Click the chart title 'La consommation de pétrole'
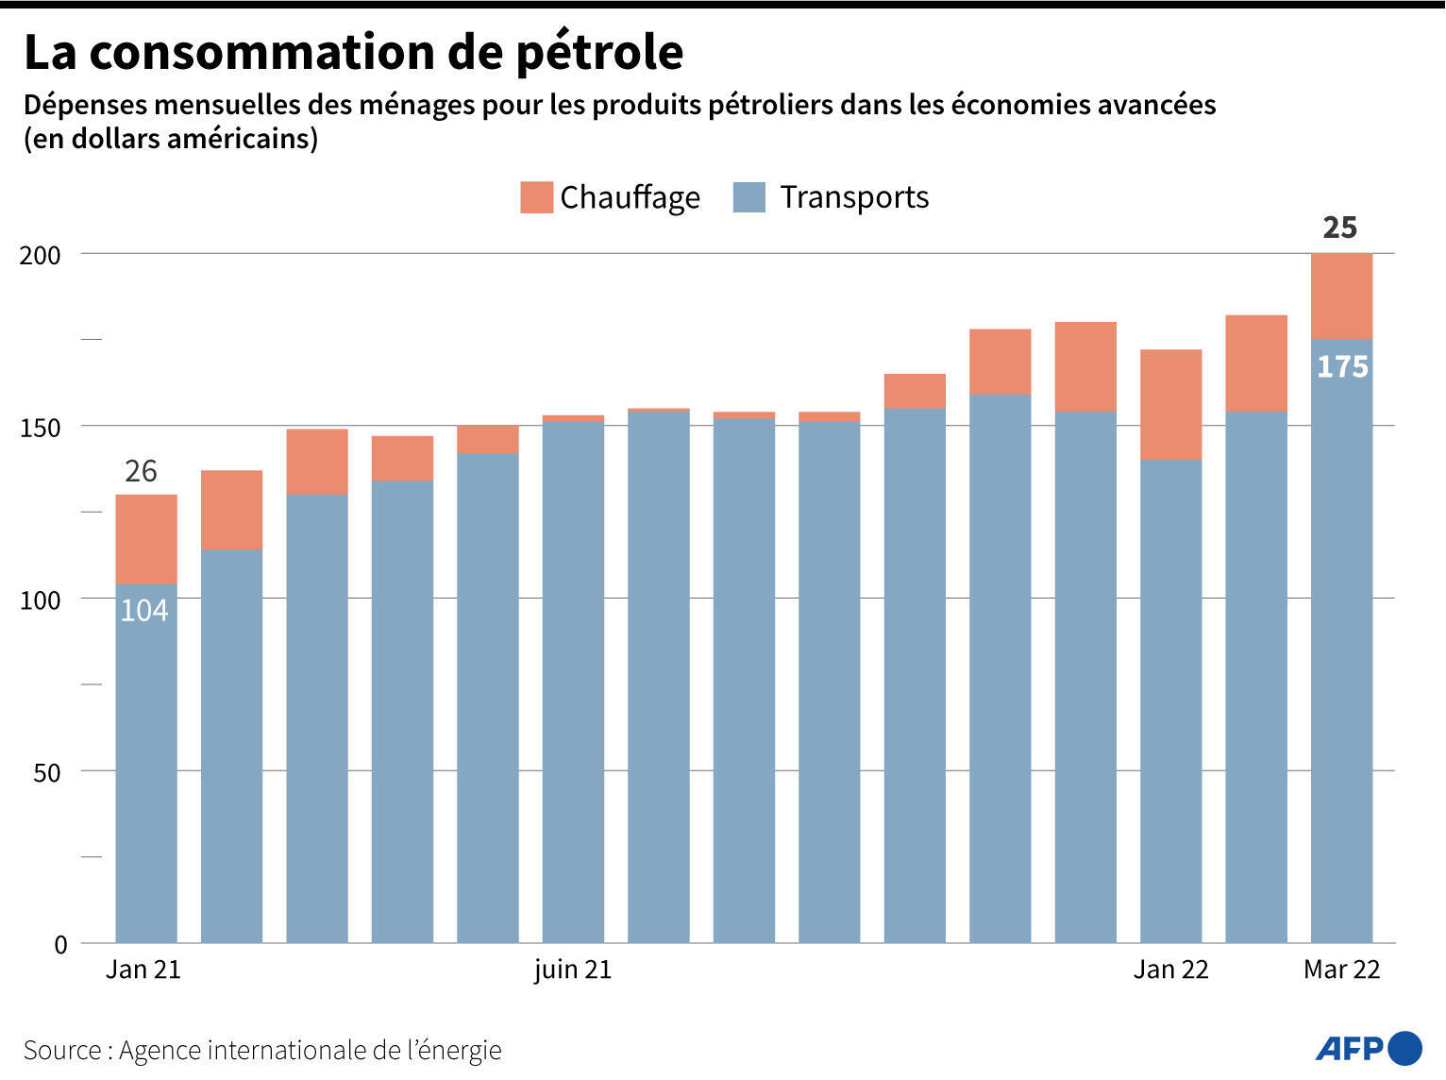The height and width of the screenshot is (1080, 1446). (353, 52)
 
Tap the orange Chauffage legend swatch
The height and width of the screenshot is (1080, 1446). (536, 197)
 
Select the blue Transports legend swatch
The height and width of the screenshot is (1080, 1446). (748, 197)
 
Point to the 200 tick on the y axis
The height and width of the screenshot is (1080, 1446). (40, 255)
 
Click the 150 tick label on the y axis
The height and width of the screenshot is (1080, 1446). (40, 428)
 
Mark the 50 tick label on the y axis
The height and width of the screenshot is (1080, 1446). (46, 772)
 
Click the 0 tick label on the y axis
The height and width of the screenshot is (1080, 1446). (60, 945)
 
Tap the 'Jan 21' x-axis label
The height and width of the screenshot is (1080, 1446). (143, 970)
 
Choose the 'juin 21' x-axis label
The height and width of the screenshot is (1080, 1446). (572, 970)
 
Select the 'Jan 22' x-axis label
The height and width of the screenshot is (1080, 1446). (1170, 970)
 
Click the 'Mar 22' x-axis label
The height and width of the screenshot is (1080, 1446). (1341, 970)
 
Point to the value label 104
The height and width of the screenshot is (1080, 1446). (144, 611)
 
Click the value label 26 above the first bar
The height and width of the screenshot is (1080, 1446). (141, 471)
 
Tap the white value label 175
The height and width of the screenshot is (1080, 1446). (1341, 366)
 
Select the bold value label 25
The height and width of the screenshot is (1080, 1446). (1339, 228)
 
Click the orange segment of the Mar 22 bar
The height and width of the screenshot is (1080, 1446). (1341, 295)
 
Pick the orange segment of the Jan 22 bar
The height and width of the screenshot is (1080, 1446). (1170, 404)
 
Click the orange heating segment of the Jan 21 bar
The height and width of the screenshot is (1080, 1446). (146, 539)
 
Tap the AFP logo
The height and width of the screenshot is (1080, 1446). (1368, 1048)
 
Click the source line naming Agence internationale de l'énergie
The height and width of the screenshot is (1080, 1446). (262, 1050)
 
